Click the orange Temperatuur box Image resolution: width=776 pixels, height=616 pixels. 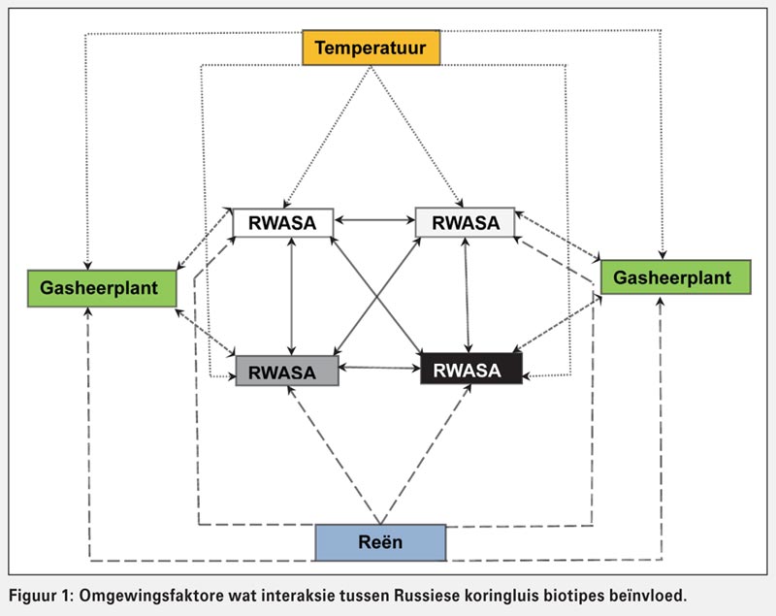(x=371, y=47)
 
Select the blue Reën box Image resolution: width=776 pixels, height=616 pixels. (x=380, y=542)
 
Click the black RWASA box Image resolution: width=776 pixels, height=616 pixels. (x=470, y=370)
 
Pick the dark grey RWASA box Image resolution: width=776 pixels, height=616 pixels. (x=287, y=371)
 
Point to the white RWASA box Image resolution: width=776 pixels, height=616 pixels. (x=282, y=222)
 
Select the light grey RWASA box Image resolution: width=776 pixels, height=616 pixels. (x=465, y=222)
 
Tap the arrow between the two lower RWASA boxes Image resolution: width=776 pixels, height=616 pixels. (x=379, y=368)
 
